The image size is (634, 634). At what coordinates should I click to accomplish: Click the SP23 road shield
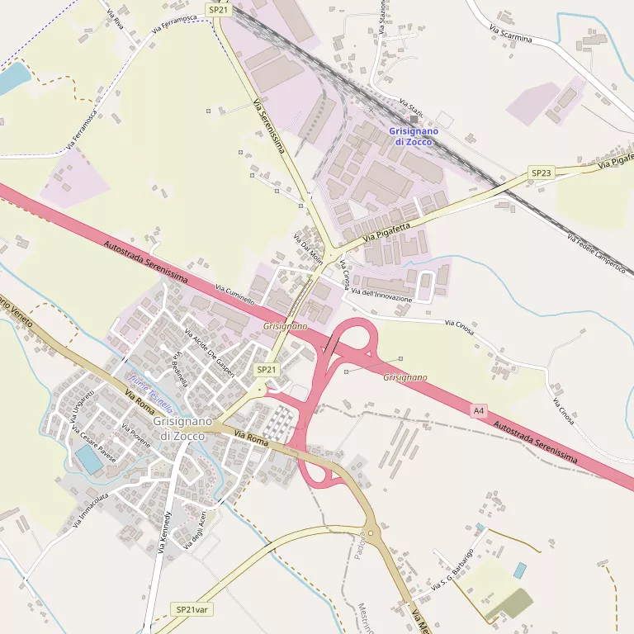(x=541, y=173)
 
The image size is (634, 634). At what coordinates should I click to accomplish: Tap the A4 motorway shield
(x=480, y=410)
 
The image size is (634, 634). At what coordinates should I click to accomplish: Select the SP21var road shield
(x=192, y=609)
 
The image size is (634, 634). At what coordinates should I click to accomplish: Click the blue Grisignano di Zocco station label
(x=414, y=136)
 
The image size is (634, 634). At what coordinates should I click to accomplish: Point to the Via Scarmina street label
(x=511, y=34)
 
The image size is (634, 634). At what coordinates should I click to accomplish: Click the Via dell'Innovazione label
(x=381, y=294)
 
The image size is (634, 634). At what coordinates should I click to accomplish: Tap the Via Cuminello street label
(x=234, y=296)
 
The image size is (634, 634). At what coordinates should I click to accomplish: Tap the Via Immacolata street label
(x=92, y=510)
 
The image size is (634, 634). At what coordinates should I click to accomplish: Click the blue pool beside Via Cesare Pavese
(x=88, y=460)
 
